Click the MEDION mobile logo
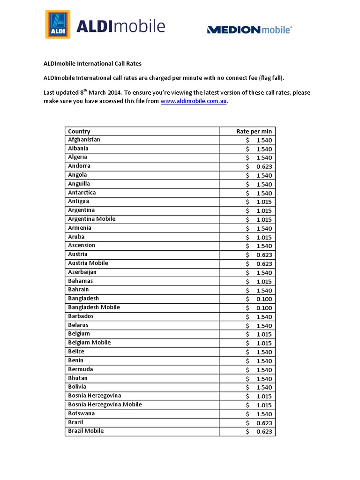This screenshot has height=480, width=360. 249,30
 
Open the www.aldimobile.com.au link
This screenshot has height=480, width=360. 194,101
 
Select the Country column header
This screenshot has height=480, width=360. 79,131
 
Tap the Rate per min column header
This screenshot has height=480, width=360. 254,131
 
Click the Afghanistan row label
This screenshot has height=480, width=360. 84,140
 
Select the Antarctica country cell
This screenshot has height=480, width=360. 82,193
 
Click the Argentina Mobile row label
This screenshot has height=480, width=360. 92,219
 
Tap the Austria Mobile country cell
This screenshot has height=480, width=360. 88,263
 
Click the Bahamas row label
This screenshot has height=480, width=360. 81,281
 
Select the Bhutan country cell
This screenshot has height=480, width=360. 78,378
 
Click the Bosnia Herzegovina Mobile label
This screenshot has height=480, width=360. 105,405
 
